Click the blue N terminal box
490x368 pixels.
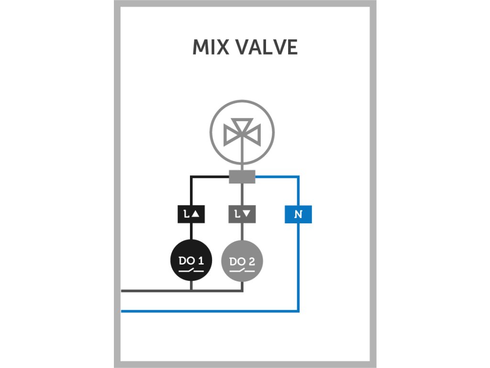pyautogui.click(x=298, y=214)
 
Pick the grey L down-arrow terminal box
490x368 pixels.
pyautogui.click(x=242, y=214)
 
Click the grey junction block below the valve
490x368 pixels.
pyautogui.click(x=242, y=177)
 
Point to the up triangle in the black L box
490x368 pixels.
pyautogui.click(x=196, y=214)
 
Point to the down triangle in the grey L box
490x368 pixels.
pyautogui.click(x=247, y=214)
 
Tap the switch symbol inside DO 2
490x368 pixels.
pyautogui.click(x=242, y=271)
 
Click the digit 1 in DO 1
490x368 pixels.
pyautogui.click(x=201, y=261)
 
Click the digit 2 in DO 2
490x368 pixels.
pyautogui.click(x=252, y=261)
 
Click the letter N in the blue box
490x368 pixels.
pyautogui.click(x=298, y=214)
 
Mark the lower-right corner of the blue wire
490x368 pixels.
pyautogui.click(x=299, y=311)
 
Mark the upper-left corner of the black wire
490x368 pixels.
pyautogui.click(x=191, y=177)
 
